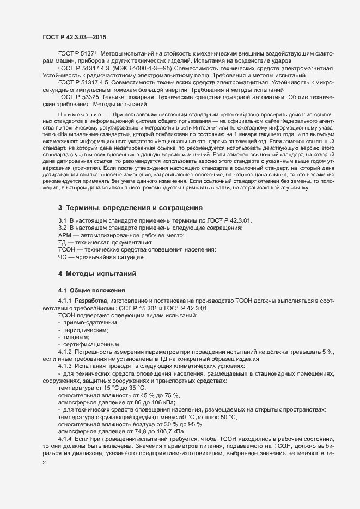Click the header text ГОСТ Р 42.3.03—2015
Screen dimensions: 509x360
(x=74, y=37)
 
